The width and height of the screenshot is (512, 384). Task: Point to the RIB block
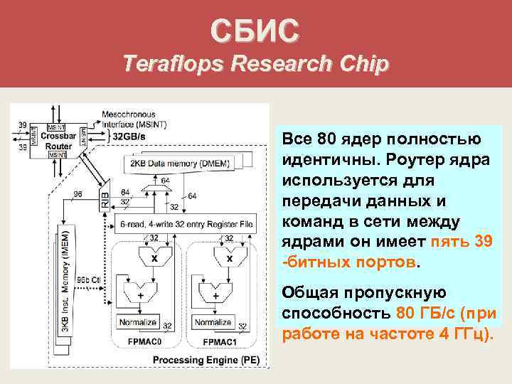106,201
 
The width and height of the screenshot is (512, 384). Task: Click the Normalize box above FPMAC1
213,322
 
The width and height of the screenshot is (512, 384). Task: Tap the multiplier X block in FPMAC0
154,258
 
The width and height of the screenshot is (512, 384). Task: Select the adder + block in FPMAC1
213,293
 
